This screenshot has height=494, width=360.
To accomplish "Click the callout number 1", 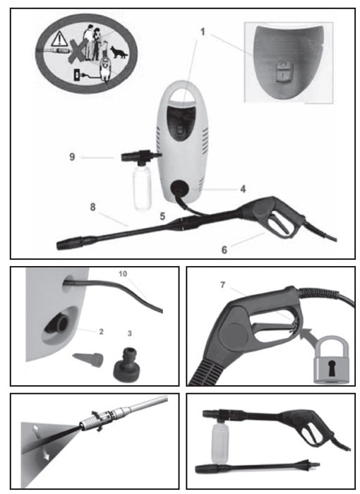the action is point(203,32).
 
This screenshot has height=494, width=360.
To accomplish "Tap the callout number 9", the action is point(72,157).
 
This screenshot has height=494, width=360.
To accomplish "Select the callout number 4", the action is point(243,189).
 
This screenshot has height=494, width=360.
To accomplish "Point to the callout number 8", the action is point(92,207).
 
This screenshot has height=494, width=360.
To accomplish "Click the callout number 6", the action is point(224,250).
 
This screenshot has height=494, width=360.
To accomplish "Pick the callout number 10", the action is point(123,274).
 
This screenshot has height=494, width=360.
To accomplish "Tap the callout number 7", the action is point(223,285).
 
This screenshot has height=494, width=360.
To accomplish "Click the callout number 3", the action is point(130,333).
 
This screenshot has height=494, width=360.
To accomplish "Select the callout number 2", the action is point(101,332).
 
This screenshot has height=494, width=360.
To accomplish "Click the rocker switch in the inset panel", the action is point(283,71).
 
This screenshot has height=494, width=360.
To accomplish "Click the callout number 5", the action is point(162,217).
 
